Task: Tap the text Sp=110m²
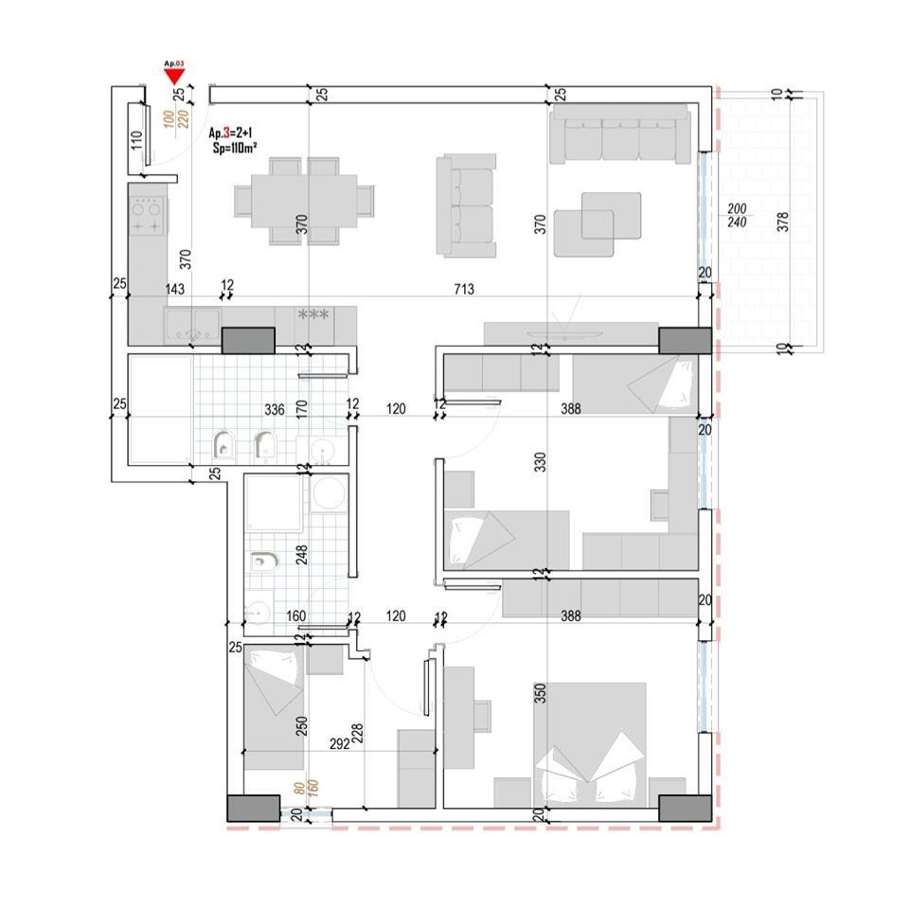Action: tap(234, 149)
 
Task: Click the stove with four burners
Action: tap(148, 215)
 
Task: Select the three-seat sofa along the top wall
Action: tap(620, 134)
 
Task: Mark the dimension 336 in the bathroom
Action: tap(274, 410)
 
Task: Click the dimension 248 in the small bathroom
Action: tap(301, 553)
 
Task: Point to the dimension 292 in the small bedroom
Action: tap(341, 743)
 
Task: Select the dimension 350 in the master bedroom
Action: tap(541, 693)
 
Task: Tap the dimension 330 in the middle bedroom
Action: tap(541, 463)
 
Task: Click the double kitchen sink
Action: tap(193, 327)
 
